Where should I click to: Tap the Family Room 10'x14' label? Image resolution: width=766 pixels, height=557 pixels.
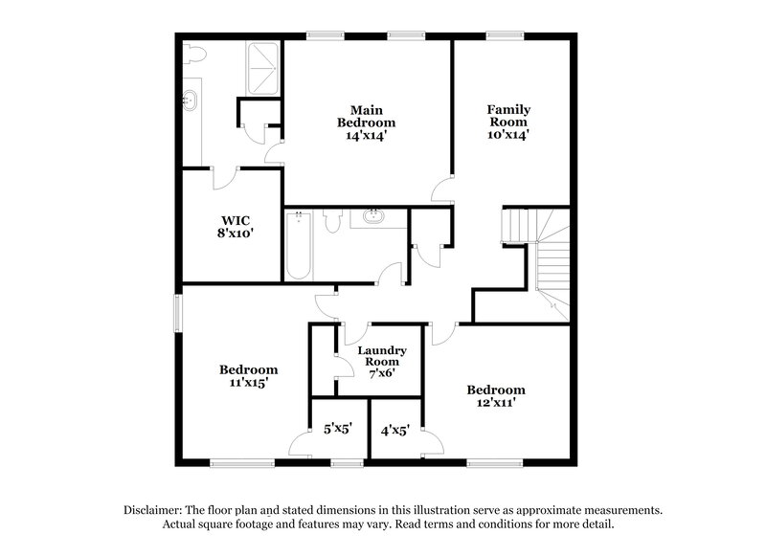point(509,123)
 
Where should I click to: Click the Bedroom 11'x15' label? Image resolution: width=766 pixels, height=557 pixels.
point(248,376)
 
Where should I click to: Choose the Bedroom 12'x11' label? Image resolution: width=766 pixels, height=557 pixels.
point(496,397)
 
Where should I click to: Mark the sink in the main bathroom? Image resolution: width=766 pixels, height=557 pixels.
point(190,98)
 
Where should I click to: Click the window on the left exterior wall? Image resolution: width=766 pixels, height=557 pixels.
point(177,313)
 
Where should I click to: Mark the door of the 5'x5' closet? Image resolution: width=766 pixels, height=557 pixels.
point(301,442)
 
